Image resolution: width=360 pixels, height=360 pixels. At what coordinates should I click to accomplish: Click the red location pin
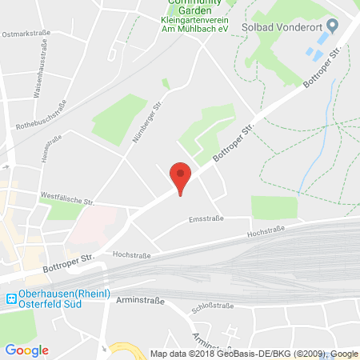coord(182,177)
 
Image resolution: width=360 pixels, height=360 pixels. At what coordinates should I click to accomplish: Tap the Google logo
coord(26,350)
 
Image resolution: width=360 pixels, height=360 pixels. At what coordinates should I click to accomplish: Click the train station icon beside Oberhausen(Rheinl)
coord(10,299)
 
